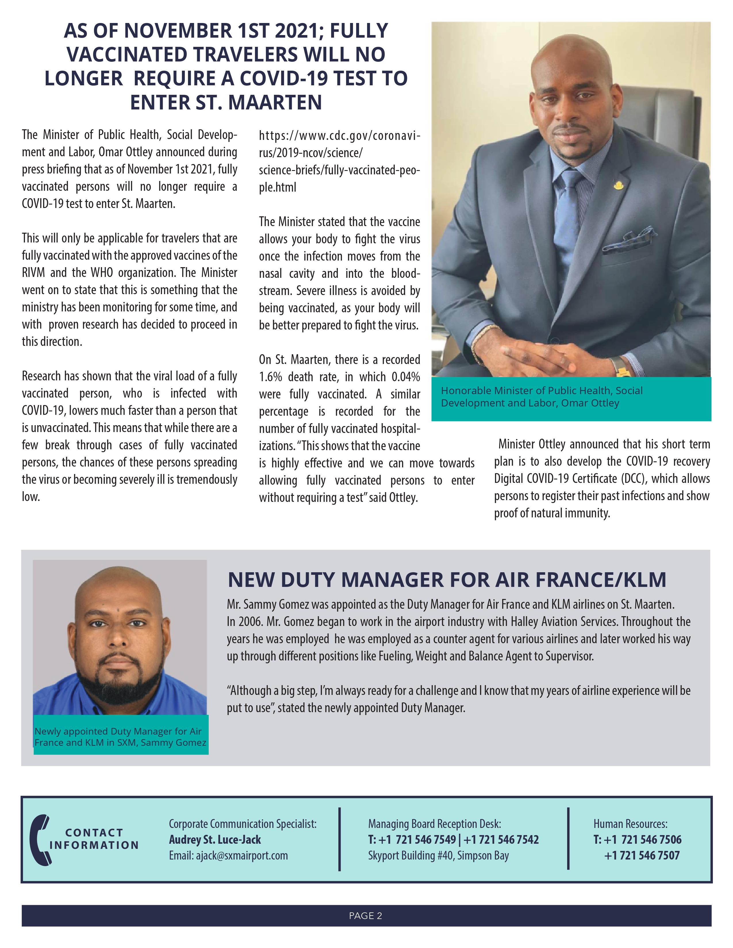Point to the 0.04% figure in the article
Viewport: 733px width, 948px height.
pos(406,377)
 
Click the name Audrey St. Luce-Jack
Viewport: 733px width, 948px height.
pos(215,839)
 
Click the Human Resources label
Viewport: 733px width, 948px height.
pos(630,823)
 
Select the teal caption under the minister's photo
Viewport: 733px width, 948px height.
pos(542,397)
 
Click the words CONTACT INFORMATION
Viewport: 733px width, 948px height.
pos(94,839)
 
